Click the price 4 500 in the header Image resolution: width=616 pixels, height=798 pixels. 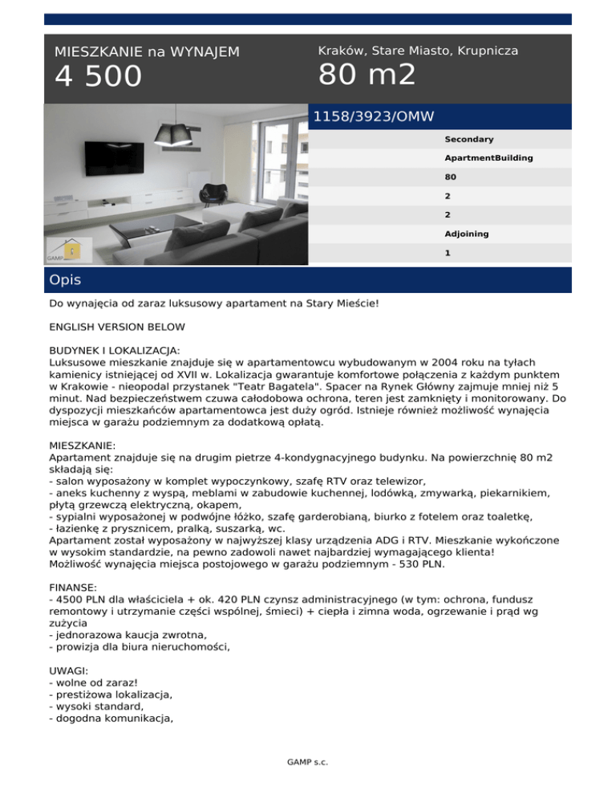point(98,77)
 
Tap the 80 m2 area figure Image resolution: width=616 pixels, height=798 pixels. point(367,75)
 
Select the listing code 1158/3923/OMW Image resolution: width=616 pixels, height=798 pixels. point(373,117)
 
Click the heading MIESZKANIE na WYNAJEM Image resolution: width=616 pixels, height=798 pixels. point(147,51)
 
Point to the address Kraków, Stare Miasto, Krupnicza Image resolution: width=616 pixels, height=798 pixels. point(418,51)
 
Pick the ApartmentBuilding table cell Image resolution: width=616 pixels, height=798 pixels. point(484,158)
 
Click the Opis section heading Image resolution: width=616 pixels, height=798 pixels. point(65,281)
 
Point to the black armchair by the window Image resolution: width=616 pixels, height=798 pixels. point(216,193)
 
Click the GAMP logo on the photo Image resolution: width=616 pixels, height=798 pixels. point(64,250)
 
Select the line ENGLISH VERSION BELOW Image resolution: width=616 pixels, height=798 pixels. point(116,328)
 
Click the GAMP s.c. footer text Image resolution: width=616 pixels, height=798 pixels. point(308,762)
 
